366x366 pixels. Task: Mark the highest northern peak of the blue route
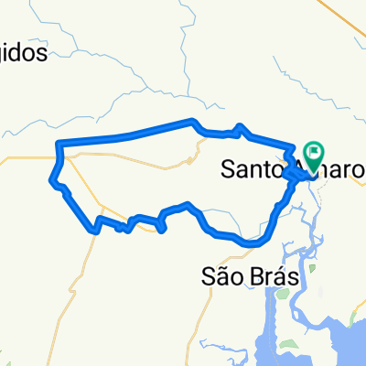pos(192,121)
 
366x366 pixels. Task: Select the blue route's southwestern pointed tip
pos(95,231)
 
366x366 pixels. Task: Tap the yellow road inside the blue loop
pos(137,163)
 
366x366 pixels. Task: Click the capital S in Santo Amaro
pos(228,169)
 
